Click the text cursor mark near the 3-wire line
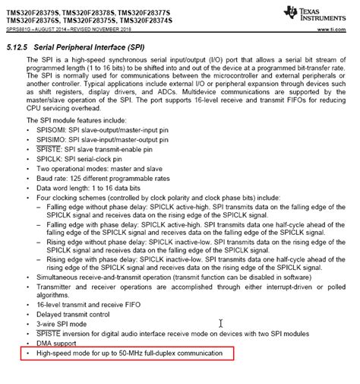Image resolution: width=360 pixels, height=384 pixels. pyautogui.click(x=221, y=323)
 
